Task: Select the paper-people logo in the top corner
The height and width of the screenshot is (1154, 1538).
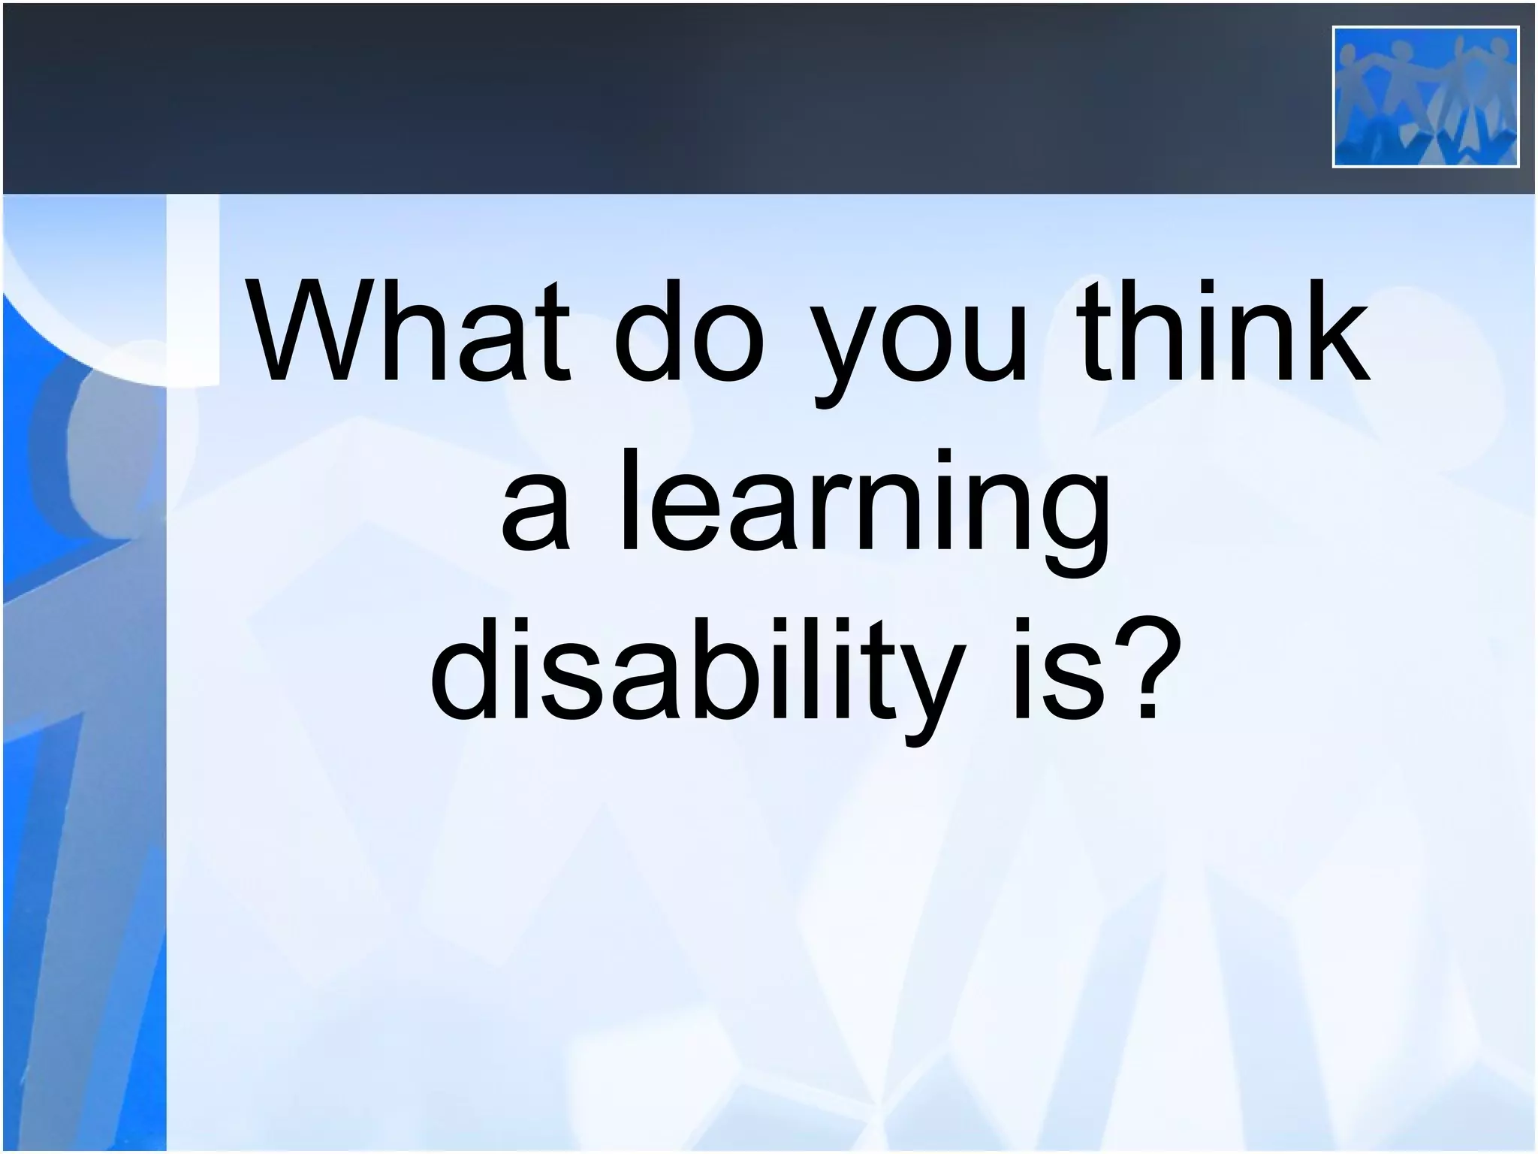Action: (x=1425, y=96)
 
